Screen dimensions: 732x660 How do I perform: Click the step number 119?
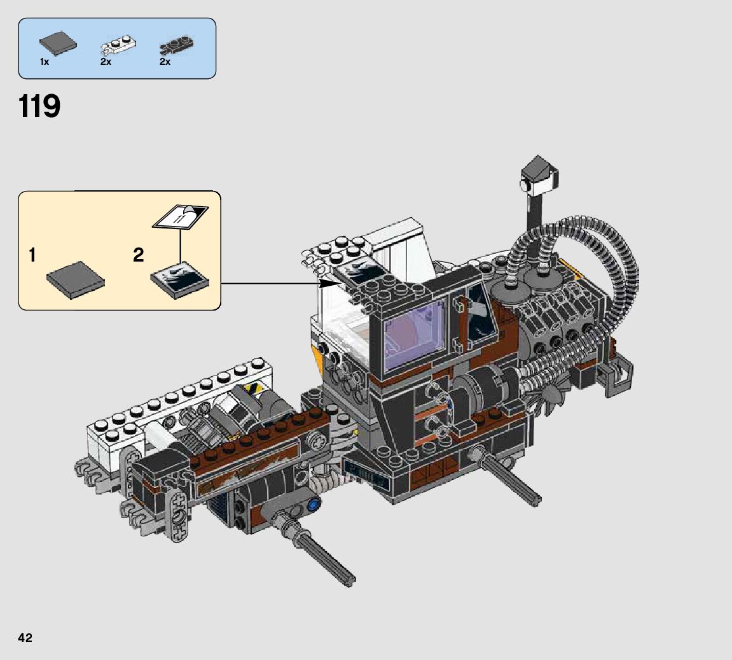pos(39,106)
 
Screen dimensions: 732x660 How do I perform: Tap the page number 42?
pos(25,638)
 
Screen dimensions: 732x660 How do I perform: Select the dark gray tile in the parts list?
pos(58,43)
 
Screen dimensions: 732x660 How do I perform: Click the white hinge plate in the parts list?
pos(118,45)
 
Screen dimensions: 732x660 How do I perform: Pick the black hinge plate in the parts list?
pos(176,45)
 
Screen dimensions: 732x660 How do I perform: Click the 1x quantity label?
pos(45,62)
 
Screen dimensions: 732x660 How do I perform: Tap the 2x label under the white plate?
pos(106,62)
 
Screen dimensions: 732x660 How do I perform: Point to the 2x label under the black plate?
pos(165,62)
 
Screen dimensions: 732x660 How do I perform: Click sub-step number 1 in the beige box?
pos(32,255)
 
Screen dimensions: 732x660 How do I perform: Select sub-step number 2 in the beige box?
pos(138,255)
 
